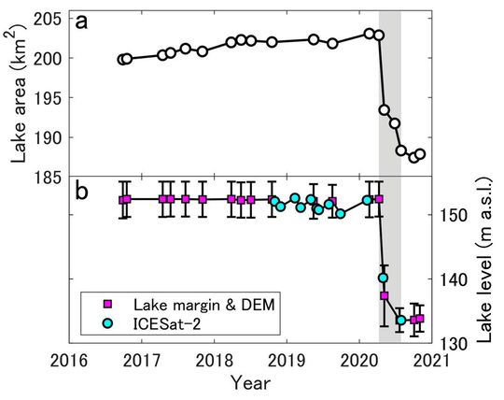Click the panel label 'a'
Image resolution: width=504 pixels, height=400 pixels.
coord(83,23)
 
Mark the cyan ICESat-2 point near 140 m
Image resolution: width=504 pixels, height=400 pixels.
coord(383,278)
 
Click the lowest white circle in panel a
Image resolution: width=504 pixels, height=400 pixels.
coord(413,157)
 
